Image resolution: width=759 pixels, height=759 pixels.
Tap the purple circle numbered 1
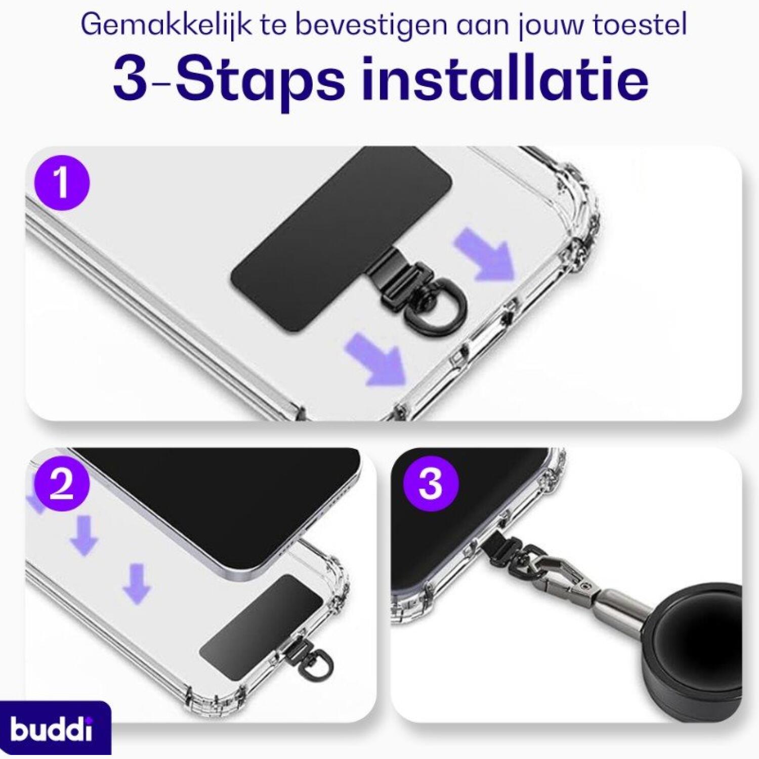pos(61,183)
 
